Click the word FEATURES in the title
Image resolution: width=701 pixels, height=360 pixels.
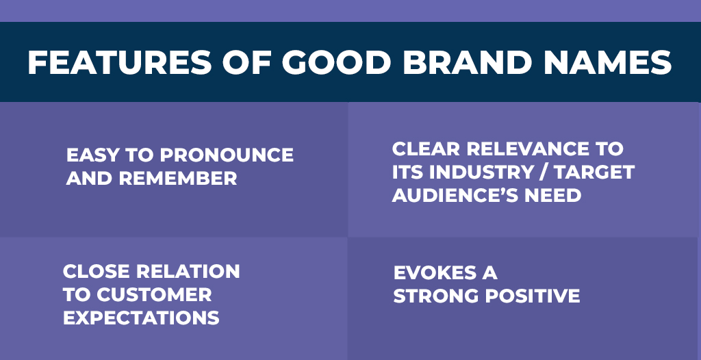coord(120,62)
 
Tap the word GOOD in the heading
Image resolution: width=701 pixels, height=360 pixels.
coord(337,62)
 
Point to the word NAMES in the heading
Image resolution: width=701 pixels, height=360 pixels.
coord(608,62)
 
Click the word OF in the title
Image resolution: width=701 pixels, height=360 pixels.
coord(246,62)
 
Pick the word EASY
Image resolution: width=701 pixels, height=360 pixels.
coord(92,155)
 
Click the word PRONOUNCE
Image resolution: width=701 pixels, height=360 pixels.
coord(227,155)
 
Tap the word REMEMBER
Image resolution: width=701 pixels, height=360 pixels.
coord(178,179)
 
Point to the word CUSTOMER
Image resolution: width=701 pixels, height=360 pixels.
coord(154,295)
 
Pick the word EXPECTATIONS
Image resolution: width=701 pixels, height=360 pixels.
coord(141,318)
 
